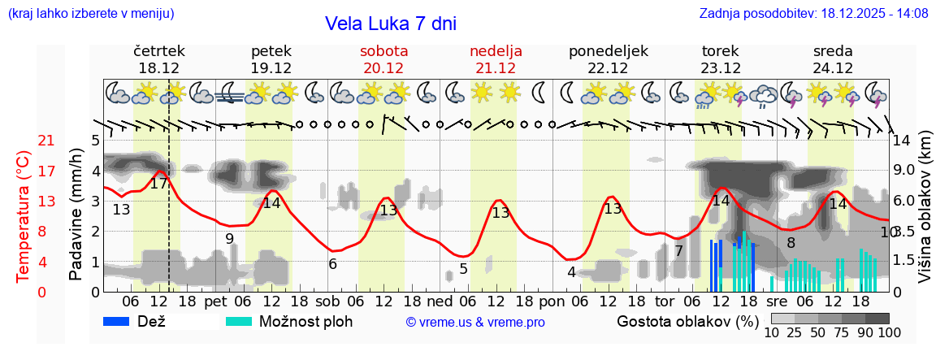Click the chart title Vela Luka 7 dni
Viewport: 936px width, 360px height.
pyautogui.click(x=390, y=24)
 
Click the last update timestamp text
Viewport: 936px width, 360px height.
pyautogui.click(x=813, y=13)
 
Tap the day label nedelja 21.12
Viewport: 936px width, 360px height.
pyautogui.click(x=496, y=59)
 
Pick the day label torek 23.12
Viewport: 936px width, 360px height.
pyautogui.click(x=721, y=59)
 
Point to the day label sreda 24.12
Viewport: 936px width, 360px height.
pyautogui.click(x=833, y=59)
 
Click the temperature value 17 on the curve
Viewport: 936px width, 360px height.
pyautogui.click(x=159, y=184)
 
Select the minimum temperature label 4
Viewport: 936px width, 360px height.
pyautogui.click(x=571, y=272)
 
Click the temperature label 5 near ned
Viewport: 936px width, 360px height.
pyautogui.click(x=463, y=268)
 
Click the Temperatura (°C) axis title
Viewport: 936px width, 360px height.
pyautogui.click(x=23, y=216)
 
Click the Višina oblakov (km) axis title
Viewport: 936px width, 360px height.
pyautogui.click(x=924, y=216)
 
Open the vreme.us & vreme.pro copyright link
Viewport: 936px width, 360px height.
pyautogui.click(x=474, y=322)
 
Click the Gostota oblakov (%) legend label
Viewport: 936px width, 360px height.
pyautogui.click(x=687, y=321)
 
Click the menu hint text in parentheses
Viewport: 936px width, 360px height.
pyautogui.click(x=90, y=13)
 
